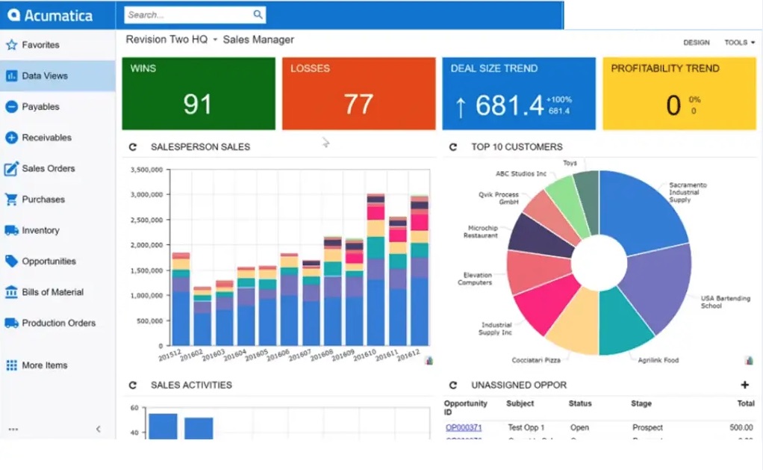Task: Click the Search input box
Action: click(187, 14)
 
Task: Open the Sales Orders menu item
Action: click(48, 169)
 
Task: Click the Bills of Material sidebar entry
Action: click(52, 292)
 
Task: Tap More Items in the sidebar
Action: click(44, 365)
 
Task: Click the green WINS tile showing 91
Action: click(199, 93)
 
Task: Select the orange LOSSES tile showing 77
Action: click(358, 93)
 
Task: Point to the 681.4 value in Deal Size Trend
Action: click(509, 105)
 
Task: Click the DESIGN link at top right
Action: click(696, 43)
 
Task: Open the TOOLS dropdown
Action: click(738, 43)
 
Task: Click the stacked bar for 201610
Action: click(376, 276)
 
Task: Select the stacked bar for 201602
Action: click(202, 318)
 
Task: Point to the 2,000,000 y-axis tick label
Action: click(146, 245)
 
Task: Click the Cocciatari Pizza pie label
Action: click(535, 360)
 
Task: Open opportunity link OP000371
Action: click(463, 427)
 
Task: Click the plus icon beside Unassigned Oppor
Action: click(744, 385)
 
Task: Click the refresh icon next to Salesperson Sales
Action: click(133, 147)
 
